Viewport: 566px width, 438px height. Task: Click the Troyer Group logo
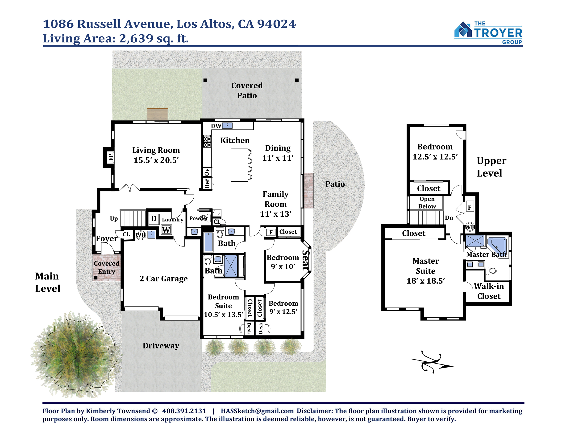[x=488, y=33]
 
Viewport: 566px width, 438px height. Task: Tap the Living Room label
[x=156, y=150]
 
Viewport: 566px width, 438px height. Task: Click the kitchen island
[x=239, y=165]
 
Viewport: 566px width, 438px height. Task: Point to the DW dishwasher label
[x=216, y=126]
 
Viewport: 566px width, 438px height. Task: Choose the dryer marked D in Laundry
[x=154, y=219]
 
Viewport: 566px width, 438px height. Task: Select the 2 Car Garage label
[x=163, y=278]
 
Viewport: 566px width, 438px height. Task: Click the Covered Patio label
[x=247, y=90]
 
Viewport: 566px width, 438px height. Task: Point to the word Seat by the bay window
[x=306, y=260]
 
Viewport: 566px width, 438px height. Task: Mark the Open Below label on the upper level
[x=427, y=202]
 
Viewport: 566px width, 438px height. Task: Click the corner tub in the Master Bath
[x=497, y=244]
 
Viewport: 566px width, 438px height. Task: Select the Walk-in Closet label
[x=489, y=291]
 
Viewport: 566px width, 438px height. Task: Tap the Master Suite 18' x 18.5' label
[x=426, y=271]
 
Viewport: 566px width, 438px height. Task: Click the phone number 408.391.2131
[x=184, y=411]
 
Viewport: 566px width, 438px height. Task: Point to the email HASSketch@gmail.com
[x=257, y=411]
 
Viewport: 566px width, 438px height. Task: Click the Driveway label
[x=161, y=346]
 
